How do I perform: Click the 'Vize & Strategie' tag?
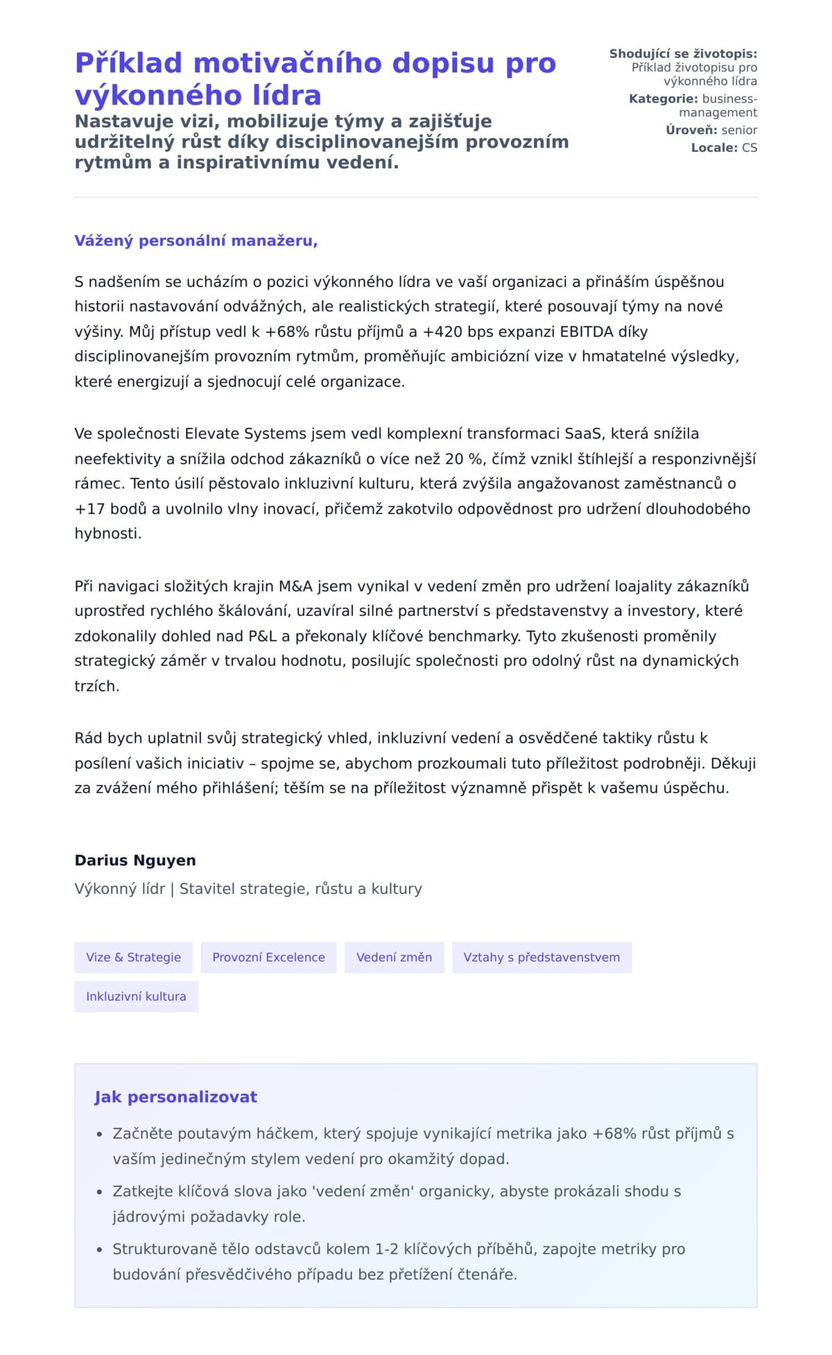[133, 957]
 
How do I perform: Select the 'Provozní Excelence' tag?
[268, 957]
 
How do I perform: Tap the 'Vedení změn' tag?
[394, 957]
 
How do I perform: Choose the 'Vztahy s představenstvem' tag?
[541, 957]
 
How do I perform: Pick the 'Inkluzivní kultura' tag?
[136, 996]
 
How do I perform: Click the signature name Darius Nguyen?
[135, 860]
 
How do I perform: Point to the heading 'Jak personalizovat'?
[175, 1097]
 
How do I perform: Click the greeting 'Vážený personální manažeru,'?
[196, 241]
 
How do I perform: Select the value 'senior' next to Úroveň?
[739, 130]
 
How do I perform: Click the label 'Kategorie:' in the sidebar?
[664, 98]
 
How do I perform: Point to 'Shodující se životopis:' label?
[683, 53]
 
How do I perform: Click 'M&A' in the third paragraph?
[295, 586]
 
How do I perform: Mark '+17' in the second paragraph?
[90, 508]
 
